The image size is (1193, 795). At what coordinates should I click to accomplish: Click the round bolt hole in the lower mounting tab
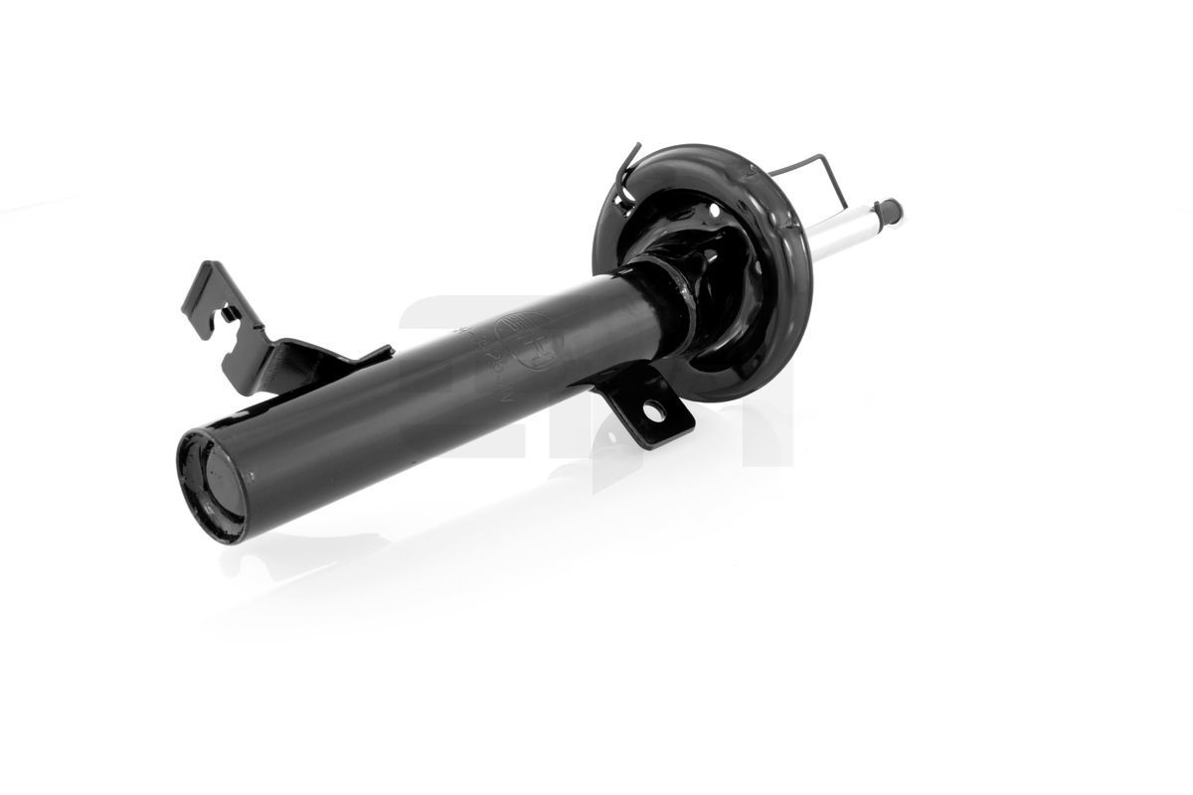click(x=657, y=409)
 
